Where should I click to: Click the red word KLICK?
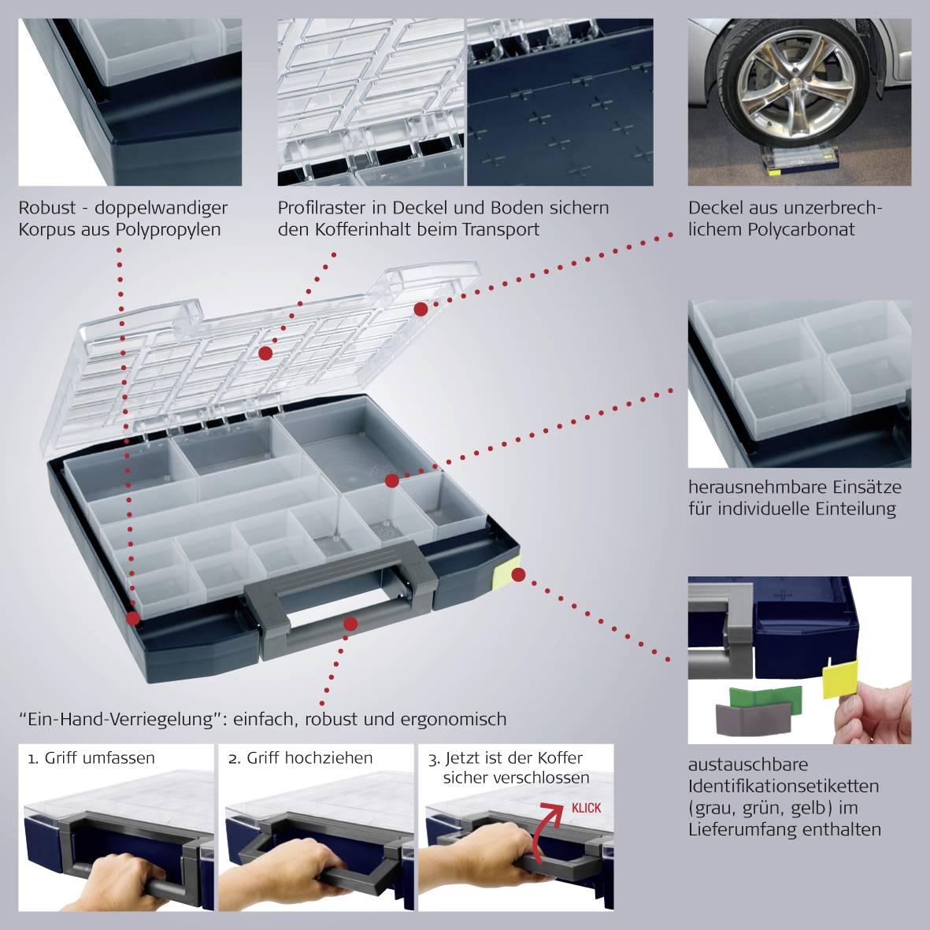[x=586, y=808]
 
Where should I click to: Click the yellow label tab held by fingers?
[x=840, y=678]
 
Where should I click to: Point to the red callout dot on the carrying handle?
[x=350, y=624]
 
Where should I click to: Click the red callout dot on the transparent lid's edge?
[x=421, y=309]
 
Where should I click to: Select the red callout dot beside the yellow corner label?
[x=518, y=574]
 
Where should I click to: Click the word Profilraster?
[x=322, y=208]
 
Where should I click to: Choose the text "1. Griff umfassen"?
[x=91, y=758]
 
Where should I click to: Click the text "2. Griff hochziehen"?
[x=300, y=758]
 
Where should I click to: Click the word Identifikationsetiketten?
[x=784, y=787]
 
